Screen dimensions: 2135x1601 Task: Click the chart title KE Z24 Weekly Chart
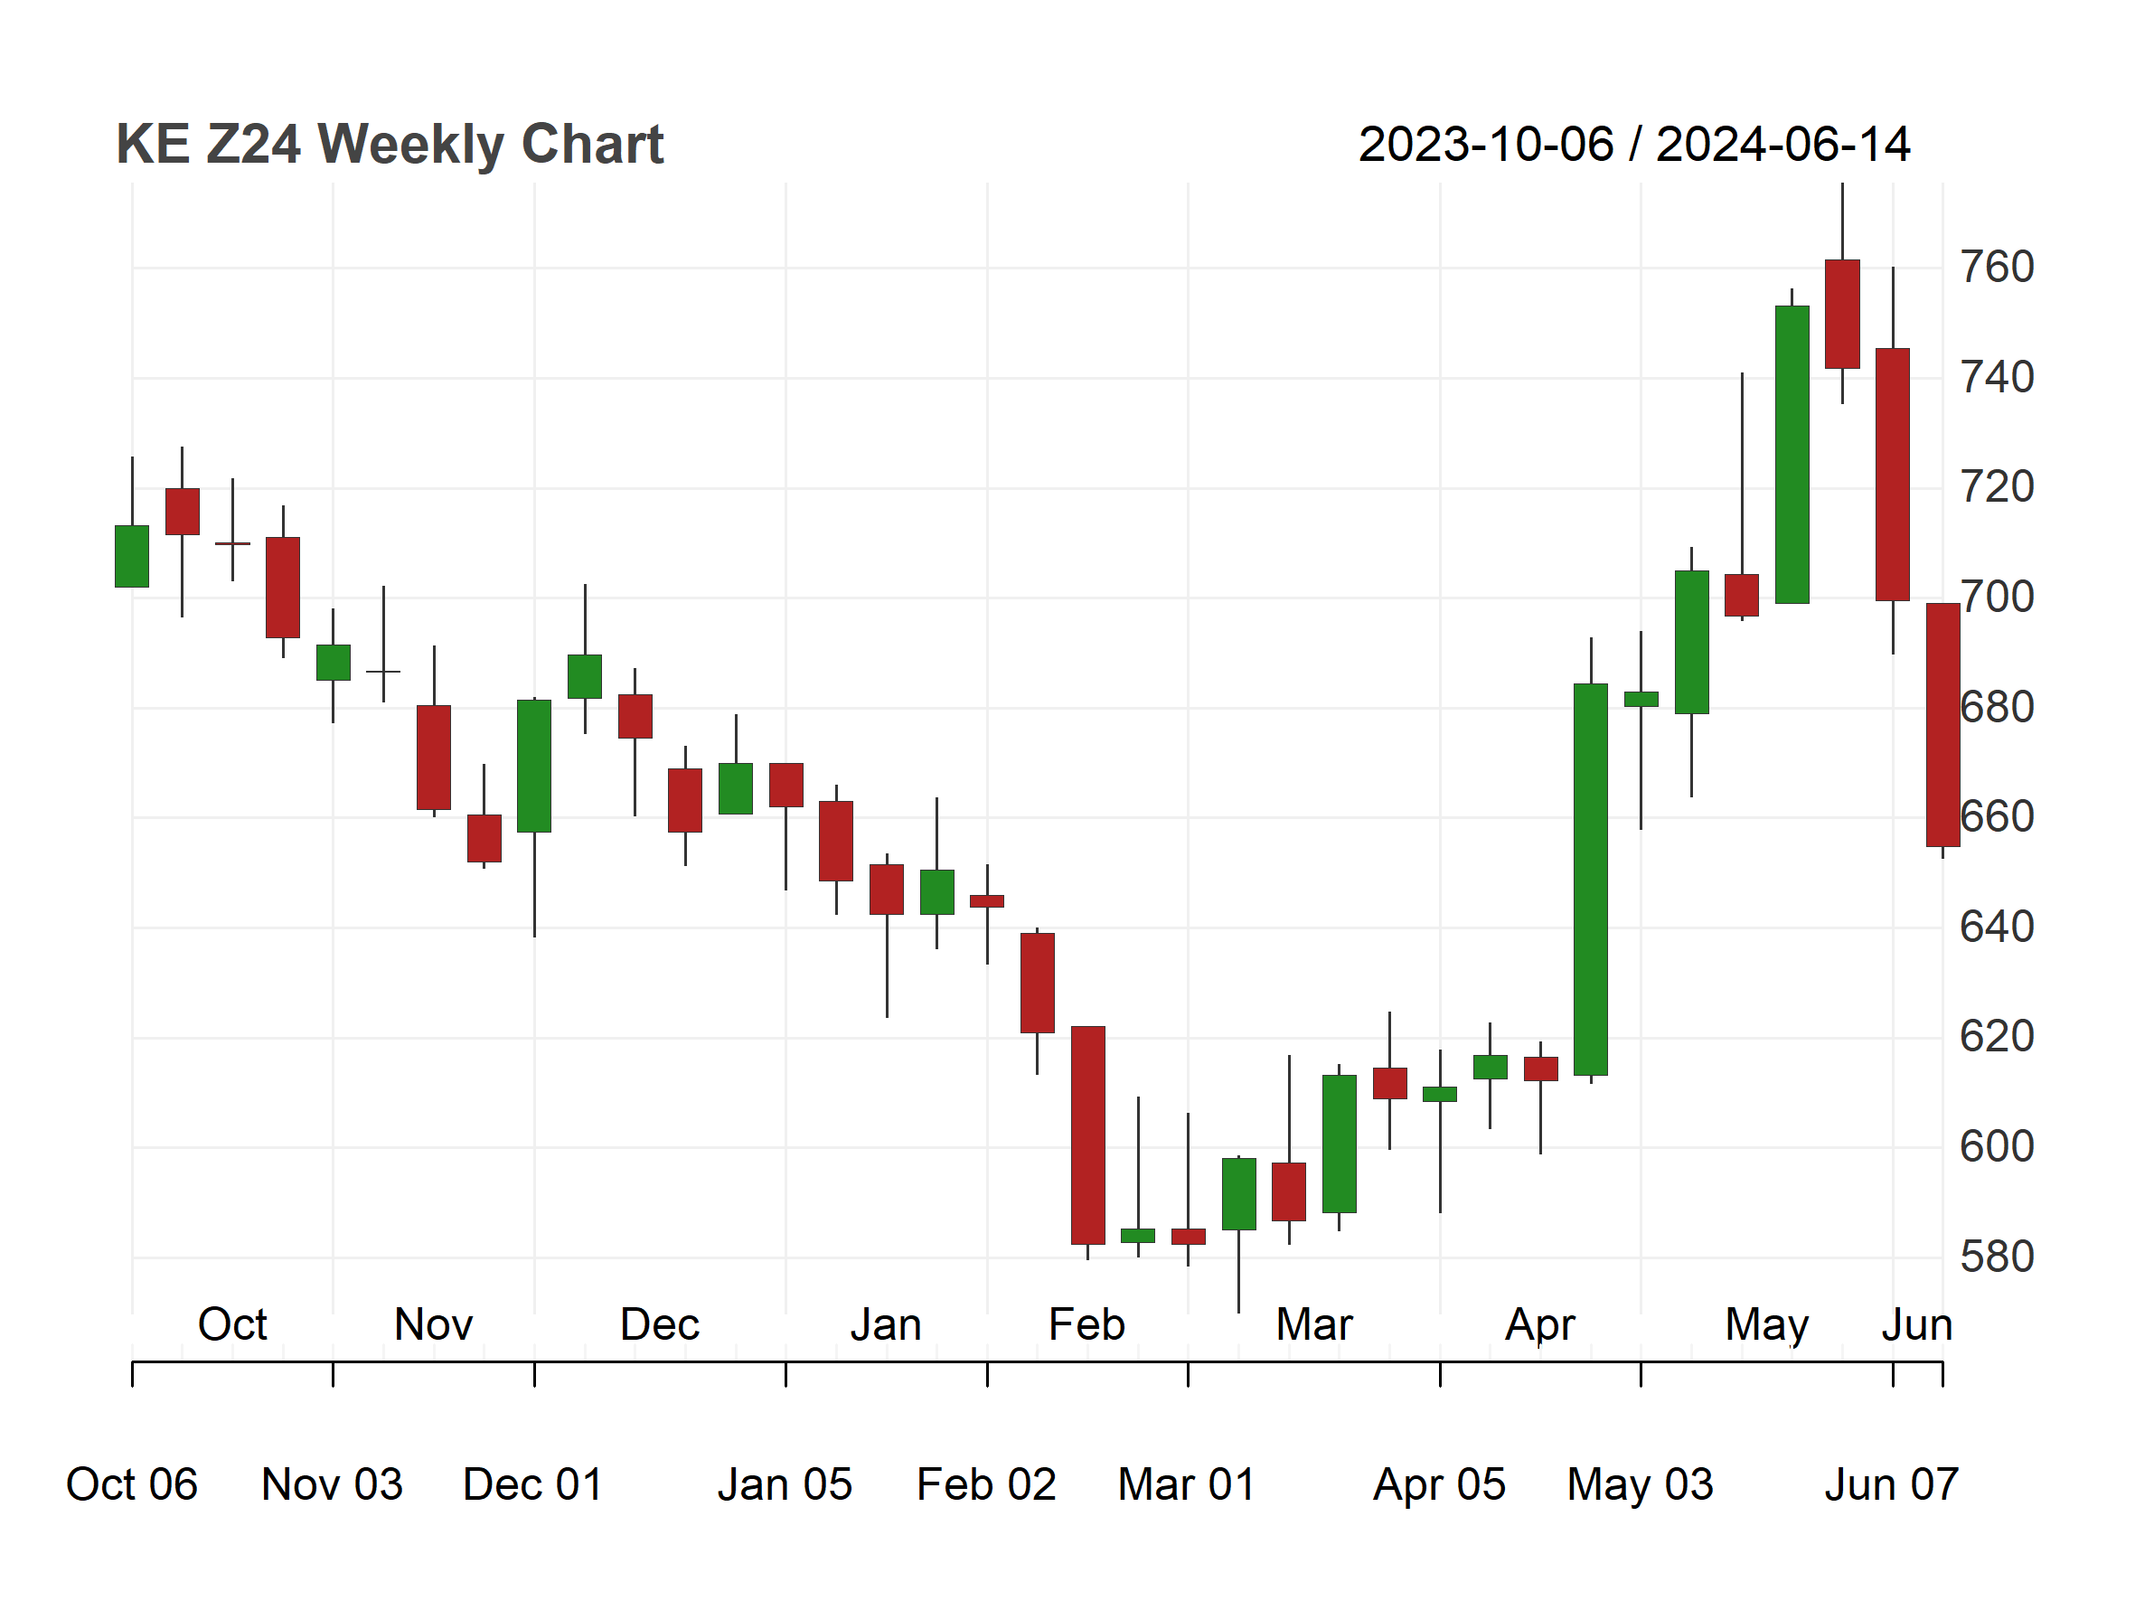[389, 145]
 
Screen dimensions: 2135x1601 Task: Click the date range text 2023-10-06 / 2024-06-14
[1634, 145]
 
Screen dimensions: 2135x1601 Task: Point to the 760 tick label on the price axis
[1996, 268]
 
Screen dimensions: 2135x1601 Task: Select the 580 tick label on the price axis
[1996, 1257]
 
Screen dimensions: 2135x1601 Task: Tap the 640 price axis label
[1996, 928]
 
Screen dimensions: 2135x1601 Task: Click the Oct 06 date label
[131, 1484]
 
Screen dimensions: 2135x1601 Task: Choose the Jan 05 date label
[785, 1484]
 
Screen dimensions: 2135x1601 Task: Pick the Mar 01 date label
[1186, 1484]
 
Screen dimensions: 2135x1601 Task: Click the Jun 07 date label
[1891, 1484]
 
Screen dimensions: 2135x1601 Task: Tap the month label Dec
[659, 1324]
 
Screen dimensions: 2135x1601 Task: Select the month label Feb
[1086, 1324]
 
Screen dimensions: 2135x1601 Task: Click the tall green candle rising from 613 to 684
[1591, 880]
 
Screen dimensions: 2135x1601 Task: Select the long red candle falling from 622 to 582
[1087, 1135]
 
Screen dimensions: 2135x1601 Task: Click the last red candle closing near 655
[1943, 725]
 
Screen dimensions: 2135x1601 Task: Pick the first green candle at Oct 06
[132, 556]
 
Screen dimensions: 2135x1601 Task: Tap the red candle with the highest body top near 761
[1842, 314]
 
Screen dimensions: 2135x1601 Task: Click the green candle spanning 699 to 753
[1792, 455]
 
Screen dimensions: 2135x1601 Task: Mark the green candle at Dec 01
[533, 767]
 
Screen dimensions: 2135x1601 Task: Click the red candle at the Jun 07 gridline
[1893, 475]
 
